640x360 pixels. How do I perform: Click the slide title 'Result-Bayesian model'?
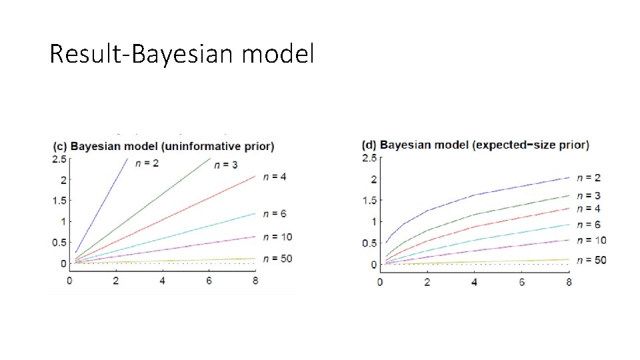click(181, 54)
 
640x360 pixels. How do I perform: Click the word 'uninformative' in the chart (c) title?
click(199, 146)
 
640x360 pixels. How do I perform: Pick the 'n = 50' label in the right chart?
click(591, 259)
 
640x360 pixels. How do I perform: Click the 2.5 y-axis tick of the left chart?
click(59, 159)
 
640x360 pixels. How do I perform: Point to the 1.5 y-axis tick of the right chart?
click(369, 201)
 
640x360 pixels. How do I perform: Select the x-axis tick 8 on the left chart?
click(256, 281)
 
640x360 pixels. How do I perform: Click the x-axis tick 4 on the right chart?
click(474, 282)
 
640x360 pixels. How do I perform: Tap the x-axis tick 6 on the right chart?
click(521, 282)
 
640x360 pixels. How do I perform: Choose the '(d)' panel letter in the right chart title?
click(369, 145)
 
